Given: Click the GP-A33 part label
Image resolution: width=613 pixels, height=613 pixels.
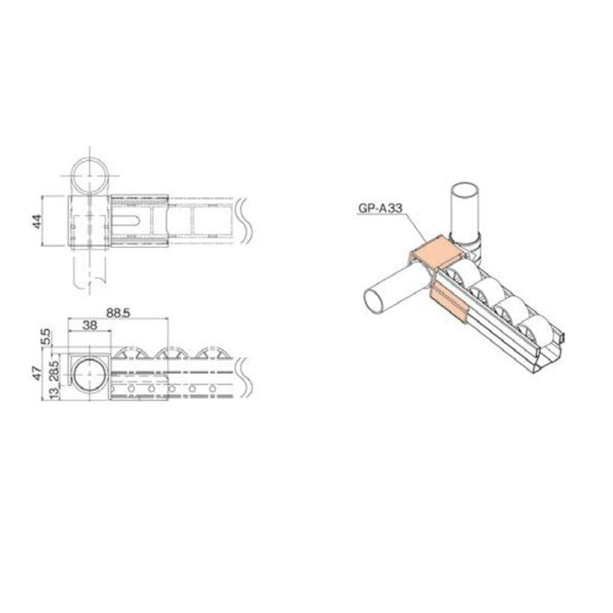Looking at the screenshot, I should click(381, 207).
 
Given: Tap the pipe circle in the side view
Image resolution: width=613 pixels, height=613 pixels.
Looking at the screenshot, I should click(89, 378).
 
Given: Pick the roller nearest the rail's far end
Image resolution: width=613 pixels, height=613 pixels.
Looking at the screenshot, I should click(534, 332).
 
